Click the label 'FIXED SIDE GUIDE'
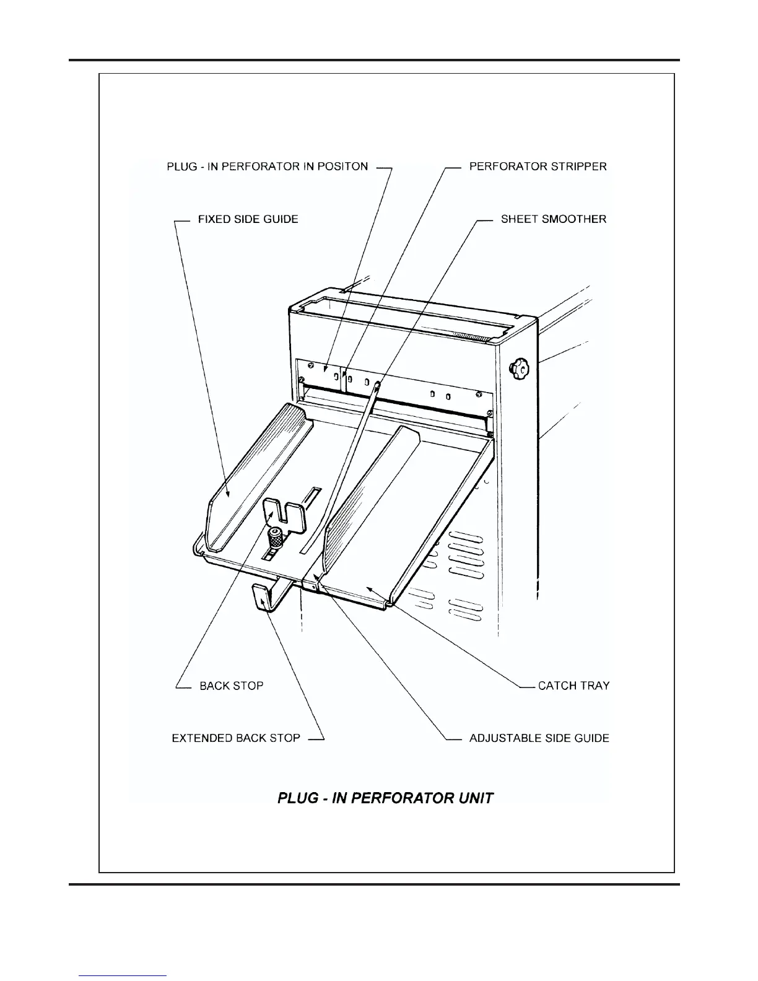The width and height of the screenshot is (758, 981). click(x=248, y=219)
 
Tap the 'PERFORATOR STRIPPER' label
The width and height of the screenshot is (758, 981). click(x=538, y=167)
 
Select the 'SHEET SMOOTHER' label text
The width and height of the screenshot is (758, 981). click(x=554, y=219)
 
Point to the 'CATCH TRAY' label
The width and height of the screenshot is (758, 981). click(x=573, y=686)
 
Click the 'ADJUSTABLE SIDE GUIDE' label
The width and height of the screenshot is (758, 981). click(x=539, y=738)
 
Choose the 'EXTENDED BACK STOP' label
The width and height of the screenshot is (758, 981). click(x=236, y=738)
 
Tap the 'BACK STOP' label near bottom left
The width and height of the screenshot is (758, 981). click(x=231, y=686)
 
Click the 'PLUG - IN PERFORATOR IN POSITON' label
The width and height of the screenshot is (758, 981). click(x=268, y=167)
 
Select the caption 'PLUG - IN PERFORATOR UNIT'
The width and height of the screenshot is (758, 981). click(x=385, y=798)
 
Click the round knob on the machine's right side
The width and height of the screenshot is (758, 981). click(x=520, y=369)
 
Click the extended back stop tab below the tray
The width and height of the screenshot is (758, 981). click(x=263, y=597)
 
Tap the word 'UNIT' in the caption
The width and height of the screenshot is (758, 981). click(x=476, y=798)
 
